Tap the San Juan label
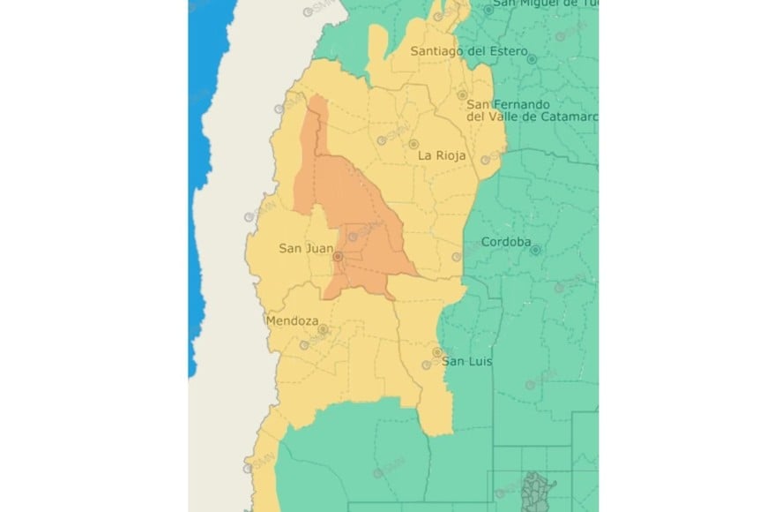(306, 248)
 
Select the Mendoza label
(291, 321)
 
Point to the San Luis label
(466, 361)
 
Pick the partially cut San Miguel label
(546, 4)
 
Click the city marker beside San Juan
(338, 257)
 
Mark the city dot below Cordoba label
(534, 250)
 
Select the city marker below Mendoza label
(323, 329)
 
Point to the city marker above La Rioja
(413, 144)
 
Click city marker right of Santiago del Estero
(532, 58)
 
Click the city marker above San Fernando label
(462, 94)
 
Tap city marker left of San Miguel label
(488, 10)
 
